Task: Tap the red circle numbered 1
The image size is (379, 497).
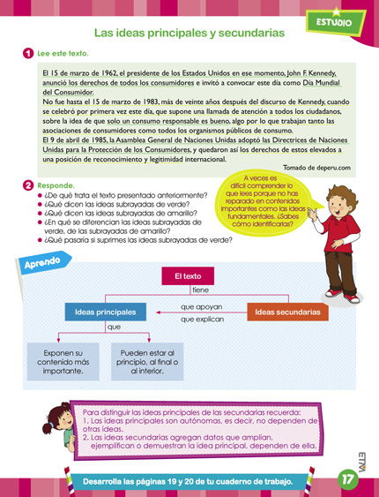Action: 29,53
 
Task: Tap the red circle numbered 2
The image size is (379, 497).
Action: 29,185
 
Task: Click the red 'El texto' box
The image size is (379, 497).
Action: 189,276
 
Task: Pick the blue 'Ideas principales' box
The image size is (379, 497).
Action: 105,313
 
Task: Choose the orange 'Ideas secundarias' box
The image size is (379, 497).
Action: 287,313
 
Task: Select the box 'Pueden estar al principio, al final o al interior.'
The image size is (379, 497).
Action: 147,362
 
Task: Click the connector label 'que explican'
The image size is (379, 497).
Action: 202,320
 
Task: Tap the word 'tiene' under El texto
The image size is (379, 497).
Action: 200,290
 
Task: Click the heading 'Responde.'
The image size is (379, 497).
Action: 56,185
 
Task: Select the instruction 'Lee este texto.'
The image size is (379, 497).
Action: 63,53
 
